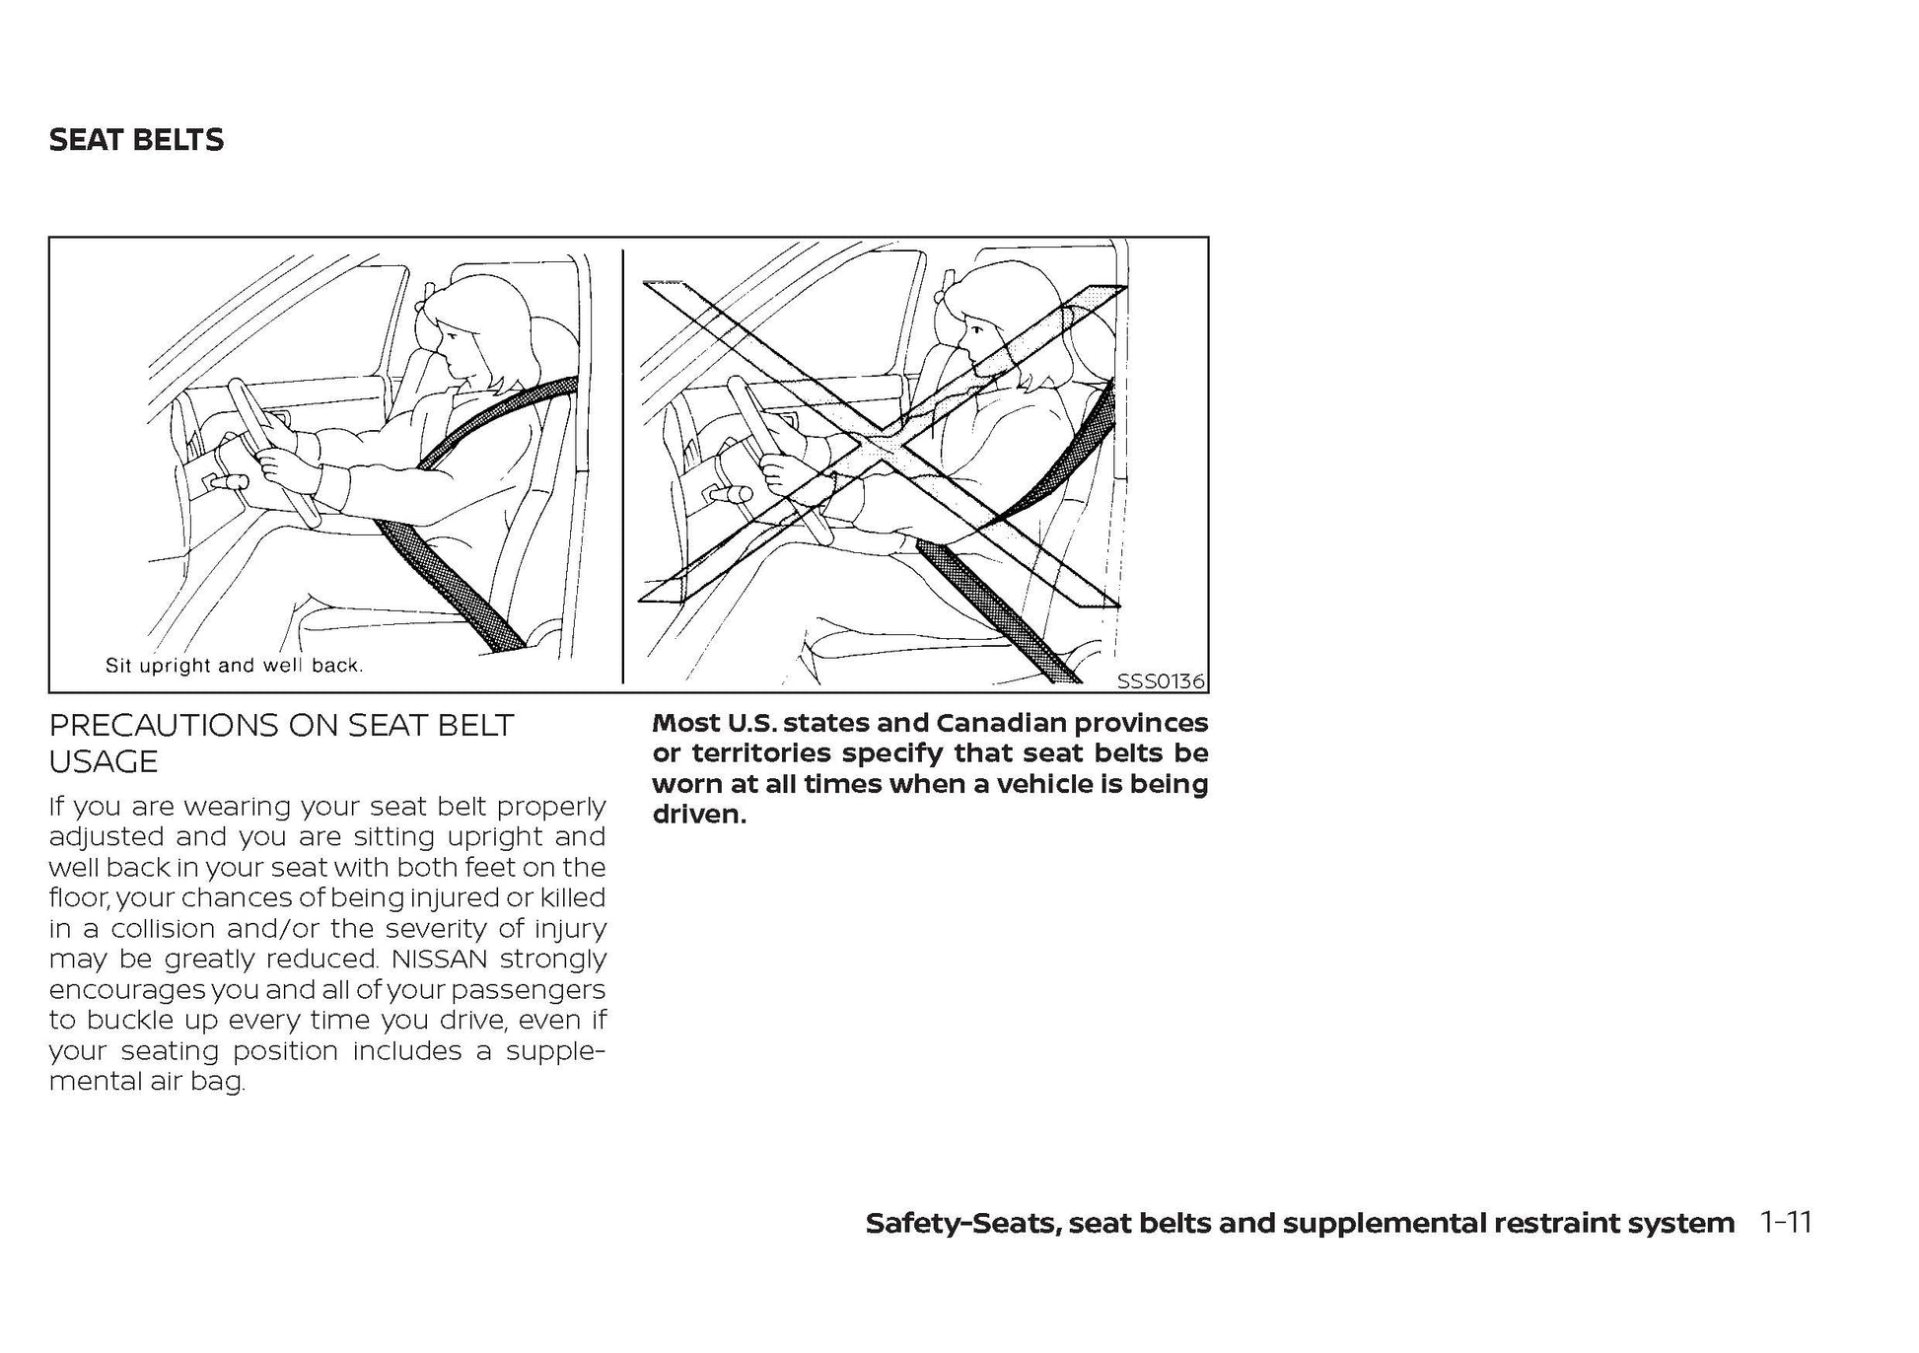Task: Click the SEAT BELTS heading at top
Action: pyautogui.click(x=136, y=140)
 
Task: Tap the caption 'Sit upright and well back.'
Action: pyautogui.click(x=235, y=666)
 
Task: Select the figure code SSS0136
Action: pyautogui.click(x=1160, y=680)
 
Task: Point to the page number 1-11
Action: pyautogui.click(x=1786, y=1223)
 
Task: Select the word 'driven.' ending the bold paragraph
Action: pyautogui.click(x=699, y=815)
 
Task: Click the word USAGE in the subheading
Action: pyautogui.click(x=104, y=762)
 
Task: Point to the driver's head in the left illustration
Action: pyautogui.click(x=471, y=325)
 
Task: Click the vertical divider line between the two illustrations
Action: pyautogui.click(x=623, y=463)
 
